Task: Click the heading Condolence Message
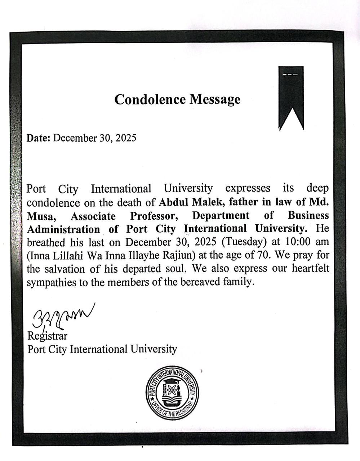177,99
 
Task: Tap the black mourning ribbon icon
291,97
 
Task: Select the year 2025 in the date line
125,138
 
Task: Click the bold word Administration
63,229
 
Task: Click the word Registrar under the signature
47,336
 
